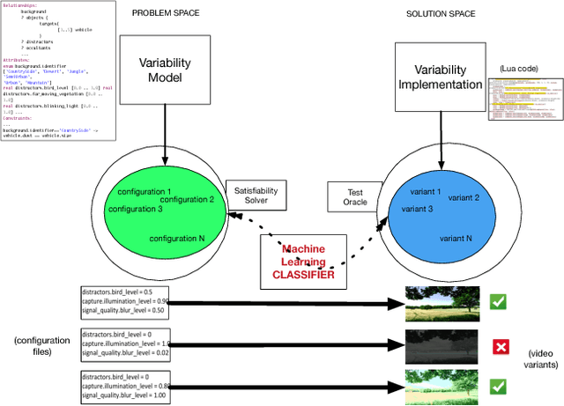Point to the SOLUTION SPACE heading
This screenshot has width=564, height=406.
(x=442, y=13)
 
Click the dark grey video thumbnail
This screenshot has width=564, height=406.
(x=435, y=344)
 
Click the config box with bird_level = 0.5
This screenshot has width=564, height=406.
(x=122, y=301)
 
